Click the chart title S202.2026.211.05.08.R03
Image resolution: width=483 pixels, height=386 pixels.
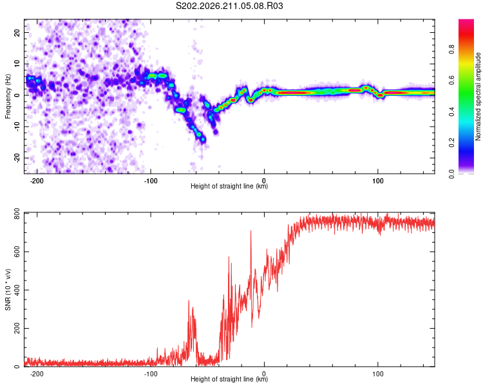[x=229, y=6]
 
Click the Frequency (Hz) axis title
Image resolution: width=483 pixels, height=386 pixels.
[x=8, y=96]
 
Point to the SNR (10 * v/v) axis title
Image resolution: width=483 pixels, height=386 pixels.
[x=8, y=289]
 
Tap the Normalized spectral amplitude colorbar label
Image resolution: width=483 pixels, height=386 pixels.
[x=478, y=96]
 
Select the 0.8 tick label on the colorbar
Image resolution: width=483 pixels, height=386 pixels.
[x=451, y=50]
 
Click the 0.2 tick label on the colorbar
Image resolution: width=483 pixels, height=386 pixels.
[x=451, y=143]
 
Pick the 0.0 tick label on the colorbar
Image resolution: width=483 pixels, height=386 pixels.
[x=451, y=174]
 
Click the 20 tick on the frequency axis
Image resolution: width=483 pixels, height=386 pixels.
[x=17, y=33]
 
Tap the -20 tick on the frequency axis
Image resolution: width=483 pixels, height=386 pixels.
[x=17, y=158]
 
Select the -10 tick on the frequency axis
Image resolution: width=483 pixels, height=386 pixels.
[x=17, y=127]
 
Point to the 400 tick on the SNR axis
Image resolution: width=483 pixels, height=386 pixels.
[x=17, y=290]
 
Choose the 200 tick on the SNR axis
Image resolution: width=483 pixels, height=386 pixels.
[x=17, y=329]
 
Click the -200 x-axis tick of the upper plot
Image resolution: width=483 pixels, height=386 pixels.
[x=37, y=181]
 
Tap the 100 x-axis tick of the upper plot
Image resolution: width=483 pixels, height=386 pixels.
[x=377, y=181]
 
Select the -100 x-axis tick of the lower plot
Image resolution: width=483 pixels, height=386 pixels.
[x=150, y=374]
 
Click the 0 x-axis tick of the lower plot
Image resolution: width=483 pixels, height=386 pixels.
[x=264, y=374]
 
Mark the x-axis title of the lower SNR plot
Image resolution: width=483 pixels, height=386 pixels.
[x=229, y=379]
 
